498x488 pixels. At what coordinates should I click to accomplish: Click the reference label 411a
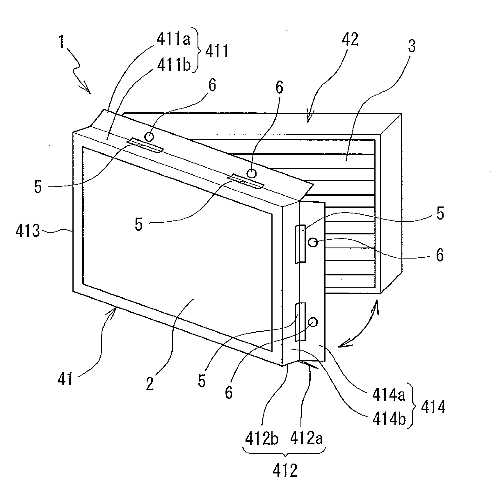point(173,39)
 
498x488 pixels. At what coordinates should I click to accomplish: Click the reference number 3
point(411,46)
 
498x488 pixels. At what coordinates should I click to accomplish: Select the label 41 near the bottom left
point(65,379)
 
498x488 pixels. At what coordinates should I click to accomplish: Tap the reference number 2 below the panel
point(150,383)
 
